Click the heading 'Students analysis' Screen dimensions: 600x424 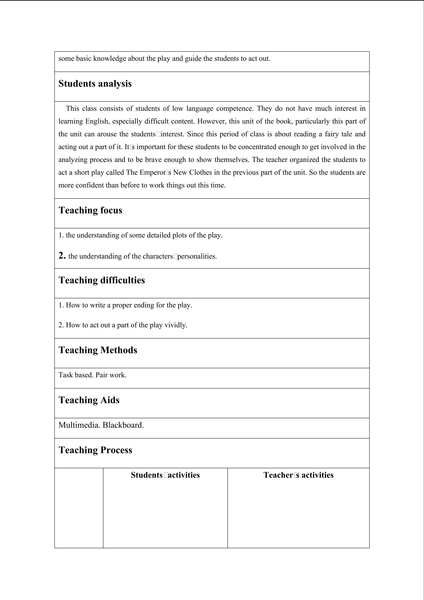tap(95, 84)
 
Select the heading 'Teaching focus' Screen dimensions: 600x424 tap(90, 210)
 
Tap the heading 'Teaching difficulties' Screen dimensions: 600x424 tap(102, 280)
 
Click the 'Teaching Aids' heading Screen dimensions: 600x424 tap(89, 400)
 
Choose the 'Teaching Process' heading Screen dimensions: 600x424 tap(95, 450)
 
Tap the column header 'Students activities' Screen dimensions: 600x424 tap(165, 475)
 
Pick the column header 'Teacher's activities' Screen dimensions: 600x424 tap(298, 475)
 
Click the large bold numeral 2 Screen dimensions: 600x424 tap(62, 255)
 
